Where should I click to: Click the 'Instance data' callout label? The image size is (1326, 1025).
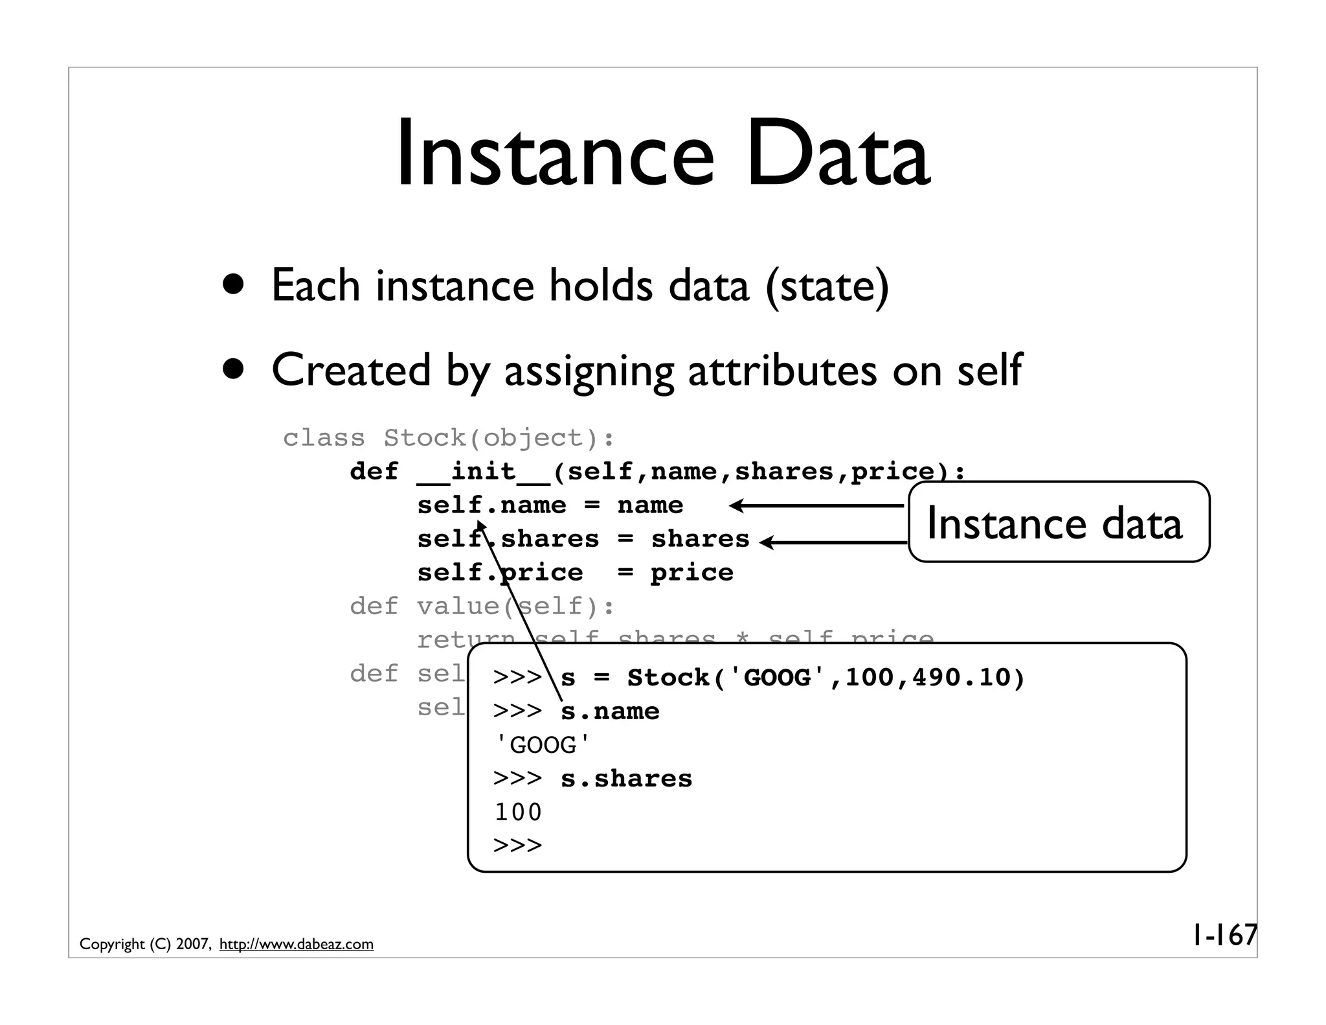1054,523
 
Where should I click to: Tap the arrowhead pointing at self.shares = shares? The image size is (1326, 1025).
766,542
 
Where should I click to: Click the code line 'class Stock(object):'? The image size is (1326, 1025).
449,438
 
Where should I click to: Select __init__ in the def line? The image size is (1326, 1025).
484,472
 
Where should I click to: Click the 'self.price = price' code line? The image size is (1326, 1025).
575,573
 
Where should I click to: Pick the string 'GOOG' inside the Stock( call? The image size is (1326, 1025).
777,678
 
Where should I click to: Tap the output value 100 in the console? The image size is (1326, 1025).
518,812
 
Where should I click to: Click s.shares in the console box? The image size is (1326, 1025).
626,779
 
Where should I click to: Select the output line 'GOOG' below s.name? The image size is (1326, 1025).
543,745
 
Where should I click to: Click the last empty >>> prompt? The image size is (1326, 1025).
518,846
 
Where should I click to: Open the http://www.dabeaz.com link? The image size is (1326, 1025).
297,944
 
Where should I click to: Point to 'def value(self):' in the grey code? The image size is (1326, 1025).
482,606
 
